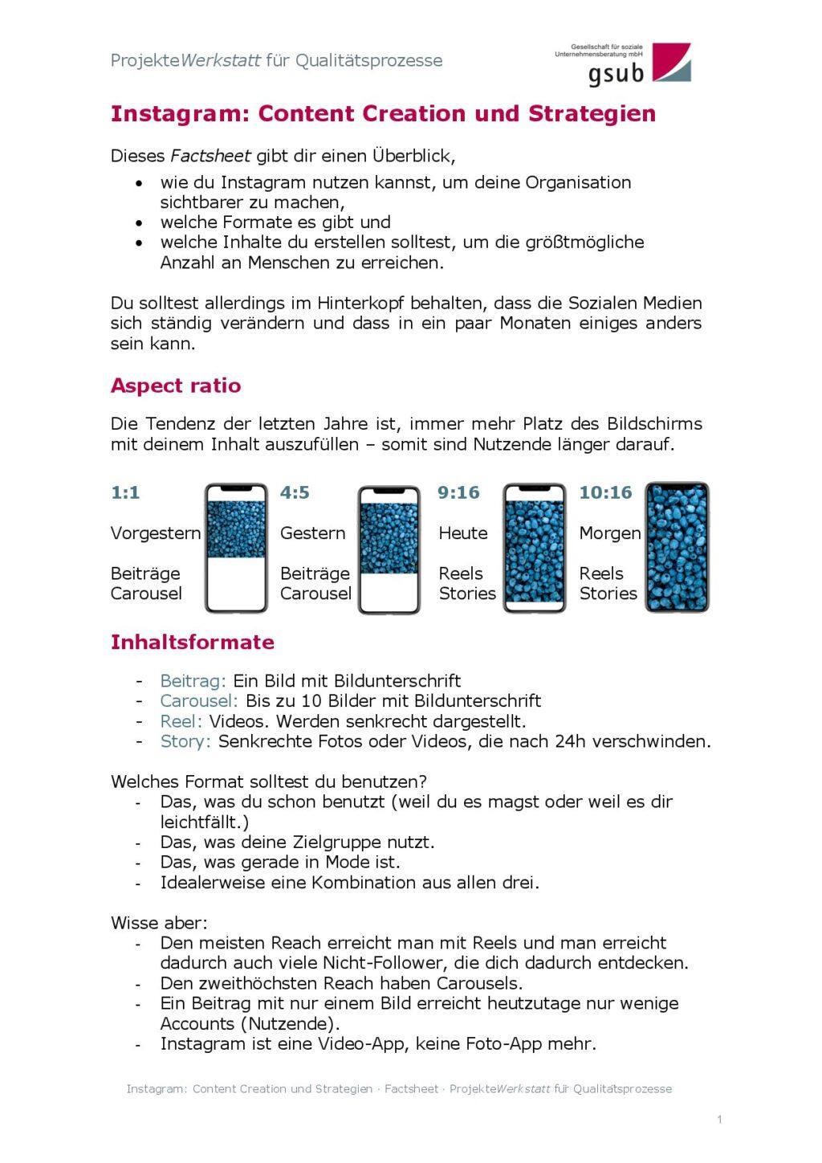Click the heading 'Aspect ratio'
176,386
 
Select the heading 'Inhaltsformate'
192,642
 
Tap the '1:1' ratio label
125,492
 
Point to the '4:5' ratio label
295,492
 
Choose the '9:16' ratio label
458,492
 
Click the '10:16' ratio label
605,492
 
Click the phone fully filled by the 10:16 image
677,548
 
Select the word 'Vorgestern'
156,533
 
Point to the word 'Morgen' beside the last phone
610,533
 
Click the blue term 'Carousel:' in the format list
199,701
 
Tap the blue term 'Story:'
185,741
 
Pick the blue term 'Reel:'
181,721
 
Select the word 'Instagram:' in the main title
181,114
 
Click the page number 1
719,1119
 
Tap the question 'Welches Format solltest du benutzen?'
269,781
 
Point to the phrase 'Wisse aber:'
159,923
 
